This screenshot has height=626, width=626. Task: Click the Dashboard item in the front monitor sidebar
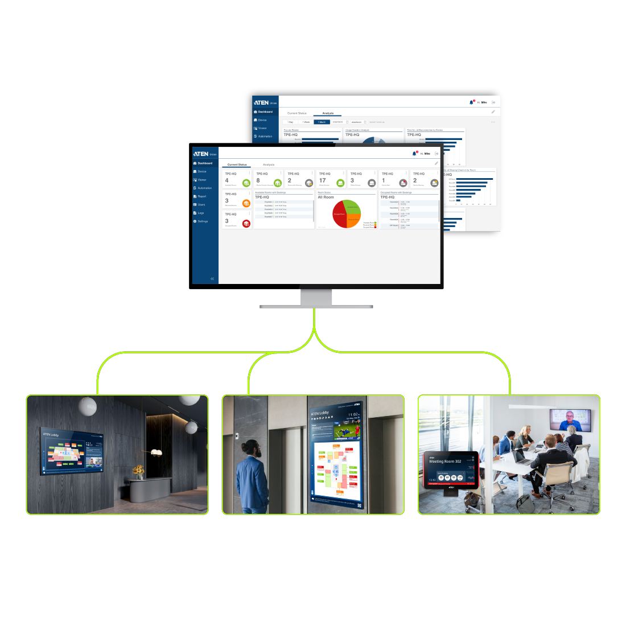point(204,163)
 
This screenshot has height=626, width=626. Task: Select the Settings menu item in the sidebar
point(202,221)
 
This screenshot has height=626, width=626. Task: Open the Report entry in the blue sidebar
point(201,196)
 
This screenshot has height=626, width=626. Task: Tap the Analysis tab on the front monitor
point(269,164)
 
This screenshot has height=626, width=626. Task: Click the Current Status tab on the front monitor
point(237,164)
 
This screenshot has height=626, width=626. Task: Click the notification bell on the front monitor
point(414,154)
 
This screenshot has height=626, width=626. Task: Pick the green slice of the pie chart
point(352,207)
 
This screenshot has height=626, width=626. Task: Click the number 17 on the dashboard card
point(323,180)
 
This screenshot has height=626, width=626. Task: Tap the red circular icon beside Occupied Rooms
point(246,224)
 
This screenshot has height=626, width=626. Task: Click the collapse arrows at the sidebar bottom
point(212,279)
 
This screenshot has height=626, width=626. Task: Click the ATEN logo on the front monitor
point(201,154)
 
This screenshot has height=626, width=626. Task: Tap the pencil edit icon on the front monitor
point(436,163)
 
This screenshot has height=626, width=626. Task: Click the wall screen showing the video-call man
point(571,420)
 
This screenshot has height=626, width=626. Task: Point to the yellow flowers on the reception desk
point(138,471)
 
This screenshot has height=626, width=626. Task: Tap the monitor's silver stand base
point(316,306)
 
